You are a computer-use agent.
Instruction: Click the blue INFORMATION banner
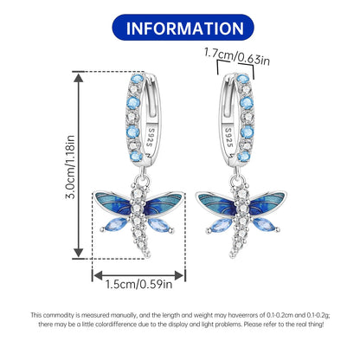[x=183, y=28]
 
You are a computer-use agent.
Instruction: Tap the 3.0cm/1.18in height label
[x=70, y=167]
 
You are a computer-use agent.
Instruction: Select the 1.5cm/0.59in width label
[x=139, y=285]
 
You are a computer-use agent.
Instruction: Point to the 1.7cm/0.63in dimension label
[x=237, y=57]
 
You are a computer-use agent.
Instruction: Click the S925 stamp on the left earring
[x=151, y=138]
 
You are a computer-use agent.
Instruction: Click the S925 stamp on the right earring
[x=228, y=138]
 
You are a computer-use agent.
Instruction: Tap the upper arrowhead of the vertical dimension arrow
[x=79, y=77]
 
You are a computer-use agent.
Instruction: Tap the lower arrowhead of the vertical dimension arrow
[x=79, y=253]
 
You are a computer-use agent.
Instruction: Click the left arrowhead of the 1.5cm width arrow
[x=99, y=276]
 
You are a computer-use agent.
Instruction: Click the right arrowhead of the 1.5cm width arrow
[x=179, y=276]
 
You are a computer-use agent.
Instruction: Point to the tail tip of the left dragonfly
[x=147, y=254]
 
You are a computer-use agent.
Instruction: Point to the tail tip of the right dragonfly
[x=233, y=254]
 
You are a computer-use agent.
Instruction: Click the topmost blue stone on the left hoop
[x=138, y=79]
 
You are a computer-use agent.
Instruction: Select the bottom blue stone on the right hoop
[x=244, y=157]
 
